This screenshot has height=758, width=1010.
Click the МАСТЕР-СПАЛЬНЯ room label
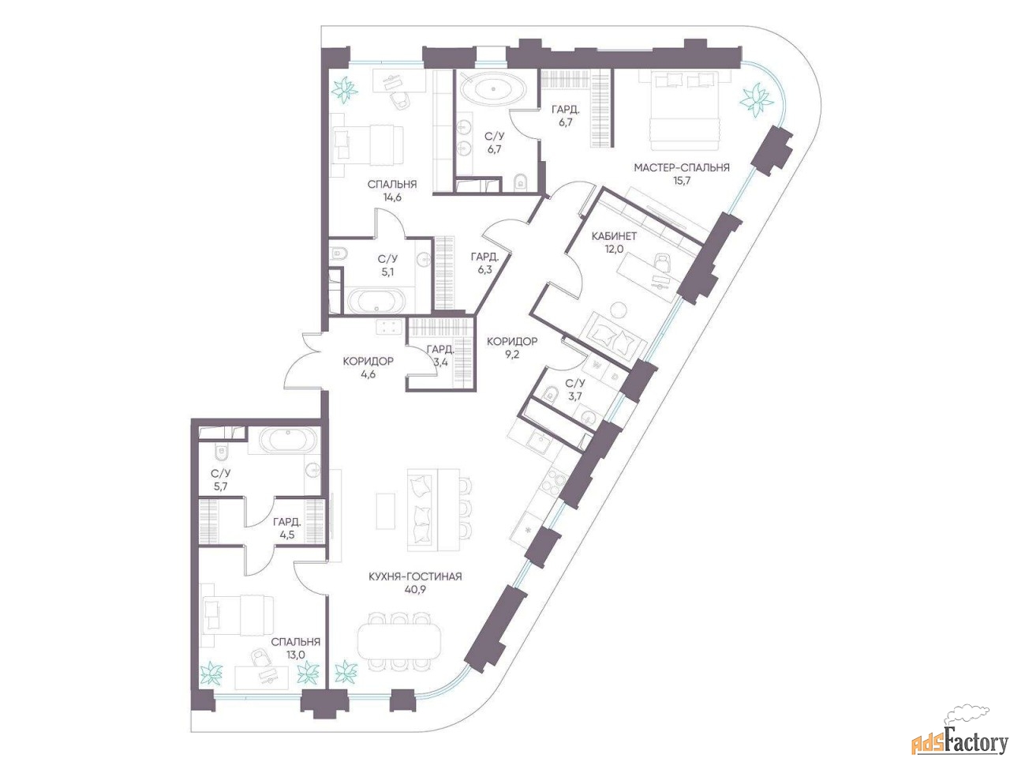(682, 167)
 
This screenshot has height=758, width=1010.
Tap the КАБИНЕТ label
(614, 236)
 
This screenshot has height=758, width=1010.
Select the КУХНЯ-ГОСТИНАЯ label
(415, 576)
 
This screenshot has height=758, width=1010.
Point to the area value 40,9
(415, 589)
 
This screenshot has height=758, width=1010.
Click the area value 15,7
(681, 180)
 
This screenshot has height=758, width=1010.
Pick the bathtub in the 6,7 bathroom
(493, 88)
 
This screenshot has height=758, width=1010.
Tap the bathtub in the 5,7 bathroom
(287, 442)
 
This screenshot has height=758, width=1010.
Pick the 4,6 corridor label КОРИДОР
(368, 362)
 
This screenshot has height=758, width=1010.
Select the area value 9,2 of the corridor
(511, 355)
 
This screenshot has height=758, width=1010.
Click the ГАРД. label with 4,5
(286, 522)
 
